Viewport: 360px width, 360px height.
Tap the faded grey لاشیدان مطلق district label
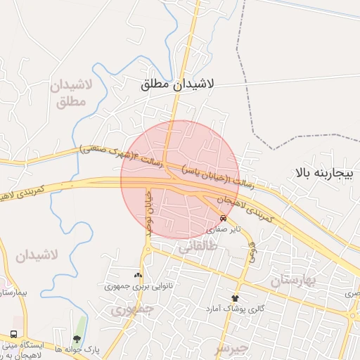pyautogui.click(x=68, y=95)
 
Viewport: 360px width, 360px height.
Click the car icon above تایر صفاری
pyautogui.click(x=223, y=217)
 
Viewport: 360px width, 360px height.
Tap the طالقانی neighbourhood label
pyautogui.click(x=200, y=247)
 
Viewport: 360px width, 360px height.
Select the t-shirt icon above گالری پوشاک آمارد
pyautogui.click(x=235, y=298)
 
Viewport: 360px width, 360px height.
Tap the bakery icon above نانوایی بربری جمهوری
pyautogui.click(x=138, y=275)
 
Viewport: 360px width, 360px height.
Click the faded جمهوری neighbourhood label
pyautogui.click(x=130, y=309)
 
